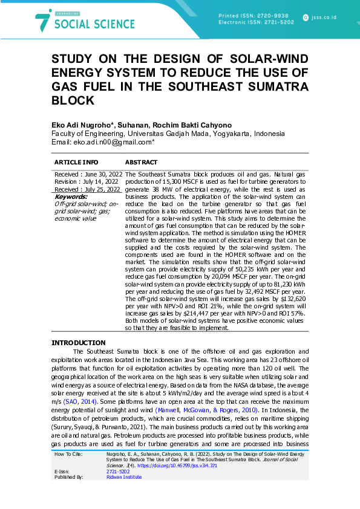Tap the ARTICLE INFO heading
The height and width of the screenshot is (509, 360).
point(76,163)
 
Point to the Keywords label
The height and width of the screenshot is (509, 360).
point(71,196)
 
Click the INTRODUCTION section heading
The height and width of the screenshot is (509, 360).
point(78,343)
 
